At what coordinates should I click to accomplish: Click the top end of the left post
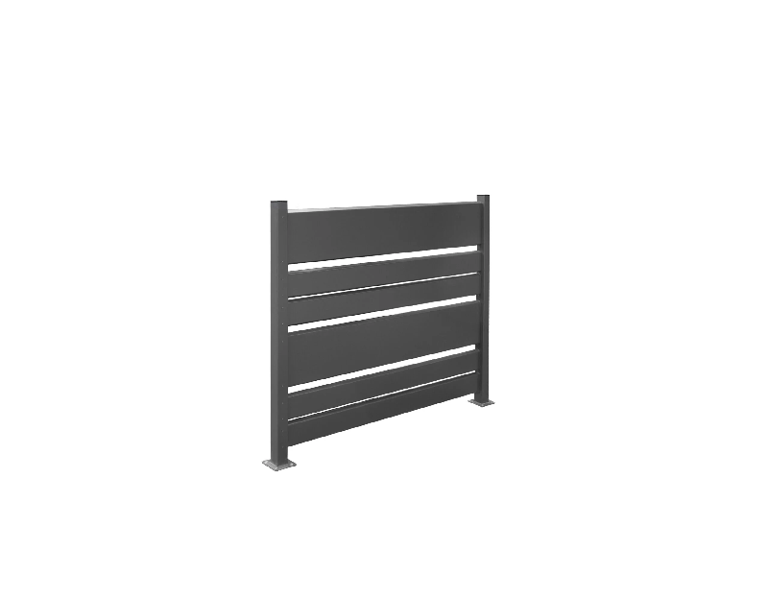278,203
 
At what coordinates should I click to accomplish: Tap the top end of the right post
483,198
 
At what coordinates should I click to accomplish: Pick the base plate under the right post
482,402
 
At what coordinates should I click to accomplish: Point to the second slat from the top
384,273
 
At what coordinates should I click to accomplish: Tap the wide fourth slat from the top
384,340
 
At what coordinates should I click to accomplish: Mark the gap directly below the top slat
384,256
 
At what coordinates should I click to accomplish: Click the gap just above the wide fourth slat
384,314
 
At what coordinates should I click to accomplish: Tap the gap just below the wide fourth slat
384,366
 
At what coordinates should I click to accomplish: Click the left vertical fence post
278,326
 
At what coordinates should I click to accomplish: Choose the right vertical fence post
483,288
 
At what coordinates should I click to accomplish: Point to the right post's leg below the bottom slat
483,390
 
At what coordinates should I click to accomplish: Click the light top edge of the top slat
384,206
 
